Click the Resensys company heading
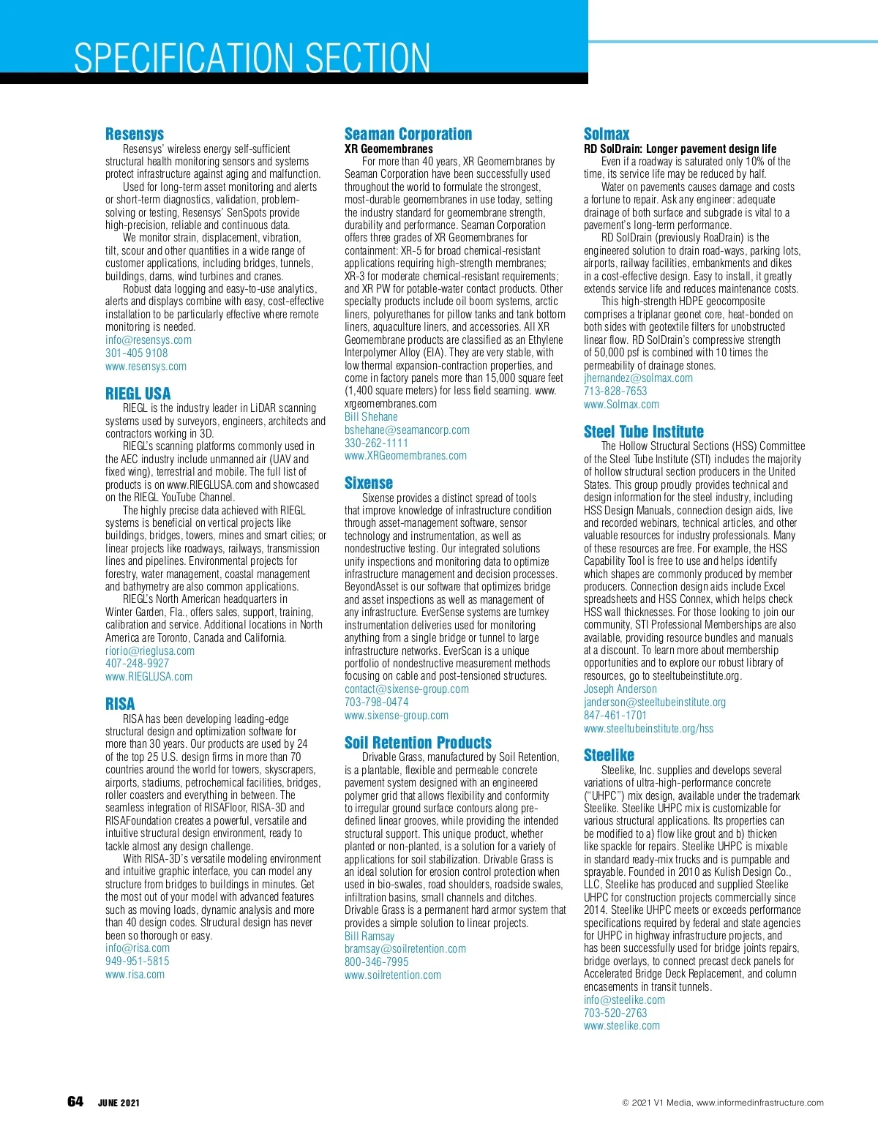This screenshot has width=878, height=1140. point(135,134)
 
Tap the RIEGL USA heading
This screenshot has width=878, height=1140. point(138,394)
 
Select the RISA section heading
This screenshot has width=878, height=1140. point(120,704)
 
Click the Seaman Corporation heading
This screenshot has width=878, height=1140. point(408,134)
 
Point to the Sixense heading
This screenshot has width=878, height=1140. point(369,483)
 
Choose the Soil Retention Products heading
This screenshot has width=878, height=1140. point(418,743)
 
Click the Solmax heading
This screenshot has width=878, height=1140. point(607,134)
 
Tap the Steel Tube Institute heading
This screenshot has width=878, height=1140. point(644,432)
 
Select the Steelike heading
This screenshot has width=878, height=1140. point(609,755)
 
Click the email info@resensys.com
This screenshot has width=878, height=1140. point(149,340)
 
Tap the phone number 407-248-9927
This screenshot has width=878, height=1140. point(137,664)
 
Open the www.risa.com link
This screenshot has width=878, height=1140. point(135,975)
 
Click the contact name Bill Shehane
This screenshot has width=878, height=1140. point(371,417)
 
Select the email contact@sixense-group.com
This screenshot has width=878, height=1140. point(407,689)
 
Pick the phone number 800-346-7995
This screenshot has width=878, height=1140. point(377,962)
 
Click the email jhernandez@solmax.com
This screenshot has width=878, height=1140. point(638,378)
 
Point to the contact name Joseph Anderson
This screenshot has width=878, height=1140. point(620,689)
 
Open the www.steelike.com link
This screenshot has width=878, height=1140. point(622,1026)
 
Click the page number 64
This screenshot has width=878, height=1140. point(75,1102)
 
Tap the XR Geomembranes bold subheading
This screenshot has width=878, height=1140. point(389,149)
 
